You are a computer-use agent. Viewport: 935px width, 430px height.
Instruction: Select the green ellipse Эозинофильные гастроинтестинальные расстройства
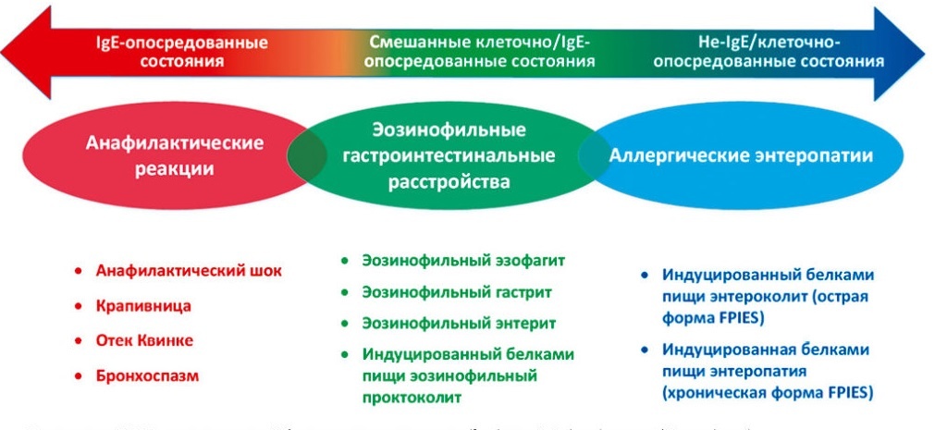(449, 156)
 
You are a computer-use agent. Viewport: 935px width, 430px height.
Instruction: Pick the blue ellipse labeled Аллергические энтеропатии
(740, 156)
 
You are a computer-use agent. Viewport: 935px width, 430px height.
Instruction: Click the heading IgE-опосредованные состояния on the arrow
(182, 52)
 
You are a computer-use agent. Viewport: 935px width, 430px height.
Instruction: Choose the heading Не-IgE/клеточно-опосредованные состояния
(768, 52)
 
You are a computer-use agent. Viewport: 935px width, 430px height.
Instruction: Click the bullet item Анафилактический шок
(189, 271)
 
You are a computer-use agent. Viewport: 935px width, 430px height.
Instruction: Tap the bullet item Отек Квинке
(145, 340)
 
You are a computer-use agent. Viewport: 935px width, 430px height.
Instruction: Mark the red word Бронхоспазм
(148, 375)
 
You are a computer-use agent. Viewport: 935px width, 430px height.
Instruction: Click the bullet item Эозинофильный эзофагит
(463, 260)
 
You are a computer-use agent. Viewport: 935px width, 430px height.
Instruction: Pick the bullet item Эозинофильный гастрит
(457, 292)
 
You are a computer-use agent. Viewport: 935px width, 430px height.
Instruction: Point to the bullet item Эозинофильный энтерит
(459, 324)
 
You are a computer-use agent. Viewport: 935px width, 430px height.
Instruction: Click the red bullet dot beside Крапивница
(80, 306)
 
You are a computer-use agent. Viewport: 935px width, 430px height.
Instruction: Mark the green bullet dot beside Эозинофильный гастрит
(345, 292)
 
